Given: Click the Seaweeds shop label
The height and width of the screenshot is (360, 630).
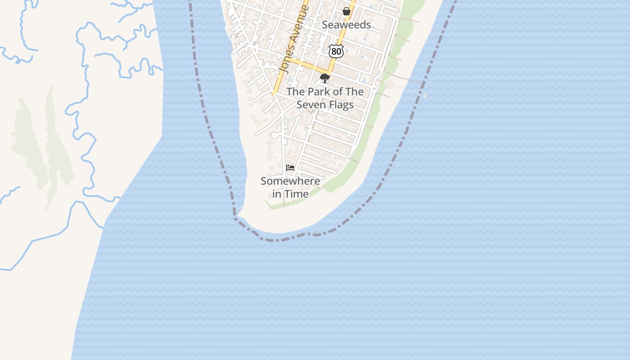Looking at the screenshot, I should [346, 25].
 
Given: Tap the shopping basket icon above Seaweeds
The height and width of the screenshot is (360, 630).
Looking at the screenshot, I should [346, 11].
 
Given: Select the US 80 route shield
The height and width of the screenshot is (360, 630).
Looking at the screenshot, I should [336, 51].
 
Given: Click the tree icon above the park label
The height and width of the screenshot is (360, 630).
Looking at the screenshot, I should [324, 78].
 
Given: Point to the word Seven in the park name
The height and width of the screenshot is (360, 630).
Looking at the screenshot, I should [310, 104].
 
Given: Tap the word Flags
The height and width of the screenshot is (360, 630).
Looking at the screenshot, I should [340, 104].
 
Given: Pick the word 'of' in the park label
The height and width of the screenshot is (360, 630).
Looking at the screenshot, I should [337, 92].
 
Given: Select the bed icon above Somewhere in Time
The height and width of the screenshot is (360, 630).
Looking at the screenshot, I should [290, 168].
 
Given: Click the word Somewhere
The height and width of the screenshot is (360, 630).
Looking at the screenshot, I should [290, 181].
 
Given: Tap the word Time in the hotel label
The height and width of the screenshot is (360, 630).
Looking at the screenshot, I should [297, 194].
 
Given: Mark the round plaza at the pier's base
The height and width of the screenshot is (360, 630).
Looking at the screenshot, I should [389, 84].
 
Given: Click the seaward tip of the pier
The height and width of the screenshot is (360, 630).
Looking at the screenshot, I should [425, 95].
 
